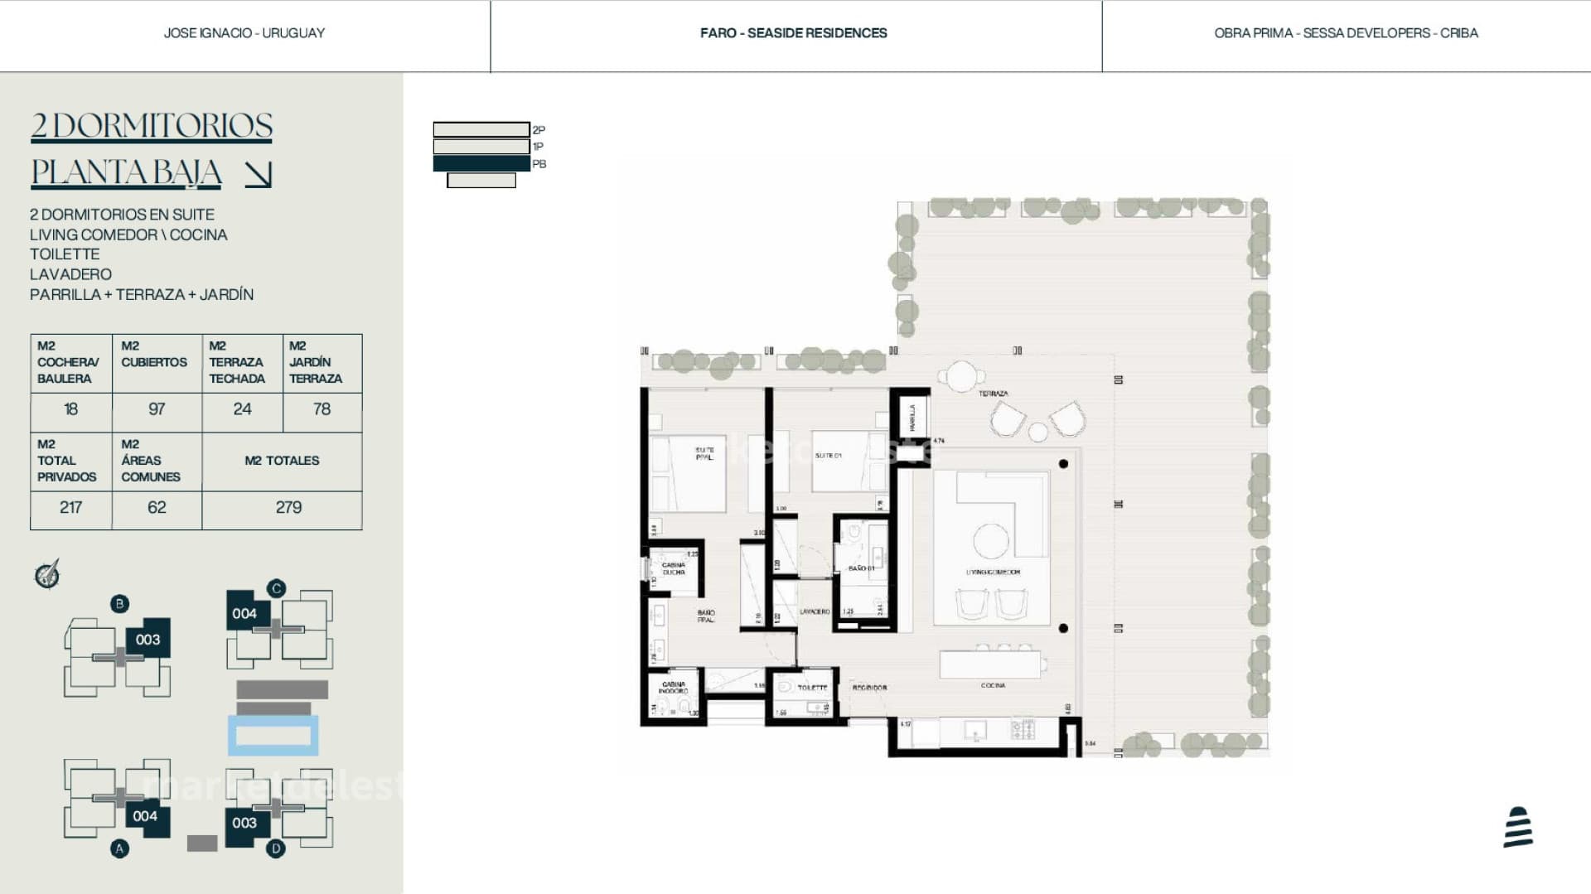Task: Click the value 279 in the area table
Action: (x=288, y=507)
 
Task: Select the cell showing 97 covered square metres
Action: (x=157, y=409)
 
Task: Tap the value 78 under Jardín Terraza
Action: (x=322, y=409)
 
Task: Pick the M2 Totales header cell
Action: (x=282, y=461)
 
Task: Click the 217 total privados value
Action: (x=70, y=507)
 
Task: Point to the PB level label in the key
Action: (x=539, y=164)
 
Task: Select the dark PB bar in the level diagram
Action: (x=481, y=163)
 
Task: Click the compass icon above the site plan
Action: (x=47, y=574)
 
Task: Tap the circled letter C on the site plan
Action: (x=276, y=588)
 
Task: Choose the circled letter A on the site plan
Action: (x=120, y=848)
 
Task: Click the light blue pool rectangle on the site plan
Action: (x=273, y=736)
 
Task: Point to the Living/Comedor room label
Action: (x=993, y=573)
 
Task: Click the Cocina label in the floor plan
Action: (x=993, y=686)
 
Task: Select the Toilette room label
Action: (x=812, y=688)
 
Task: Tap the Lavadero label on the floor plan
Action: (x=814, y=611)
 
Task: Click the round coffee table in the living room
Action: (x=991, y=541)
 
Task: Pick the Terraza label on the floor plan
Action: (x=993, y=394)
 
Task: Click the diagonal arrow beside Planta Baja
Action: (x=259, y=174)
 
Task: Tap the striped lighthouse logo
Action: (x=1518, y=827)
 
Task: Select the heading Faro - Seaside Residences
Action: (x=793, y=33)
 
